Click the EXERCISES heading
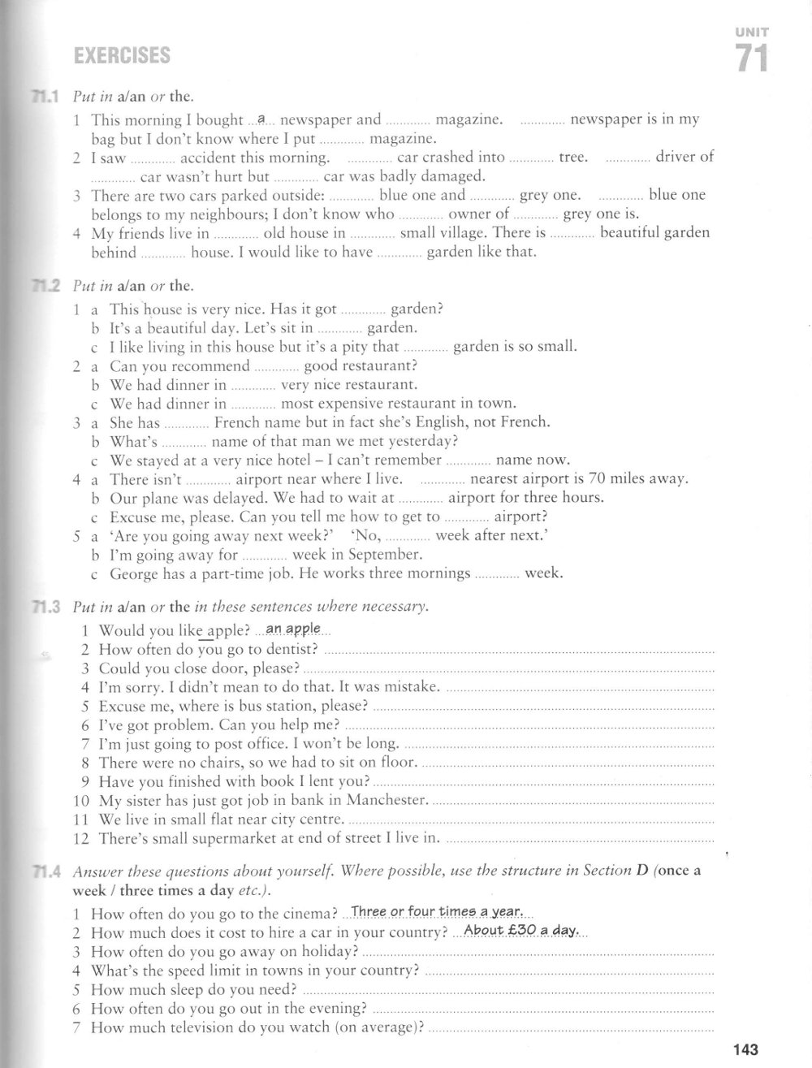point(122,56)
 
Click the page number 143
point(745,1050)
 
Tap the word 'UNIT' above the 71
point(752,32)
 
